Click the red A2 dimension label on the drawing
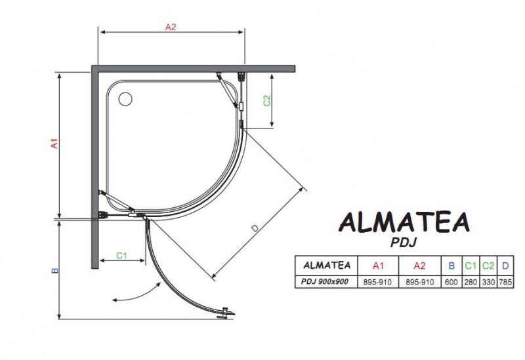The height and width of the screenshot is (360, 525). click(171, 27)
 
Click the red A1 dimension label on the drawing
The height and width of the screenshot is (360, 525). click(54, 143)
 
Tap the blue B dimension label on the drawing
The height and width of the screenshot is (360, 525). click(55, 270)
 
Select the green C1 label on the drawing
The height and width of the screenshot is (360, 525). click(122, 256)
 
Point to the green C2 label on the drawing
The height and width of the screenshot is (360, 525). click(267, 100)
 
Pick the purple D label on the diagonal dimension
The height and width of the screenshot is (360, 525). click(255, 228)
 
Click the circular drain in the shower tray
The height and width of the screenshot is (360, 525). click(125, 99)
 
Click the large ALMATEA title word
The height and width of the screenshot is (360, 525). click(404, 222)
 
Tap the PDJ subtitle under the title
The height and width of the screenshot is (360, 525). click(404, 242)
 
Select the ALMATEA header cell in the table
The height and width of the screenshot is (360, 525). click(327, 266)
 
